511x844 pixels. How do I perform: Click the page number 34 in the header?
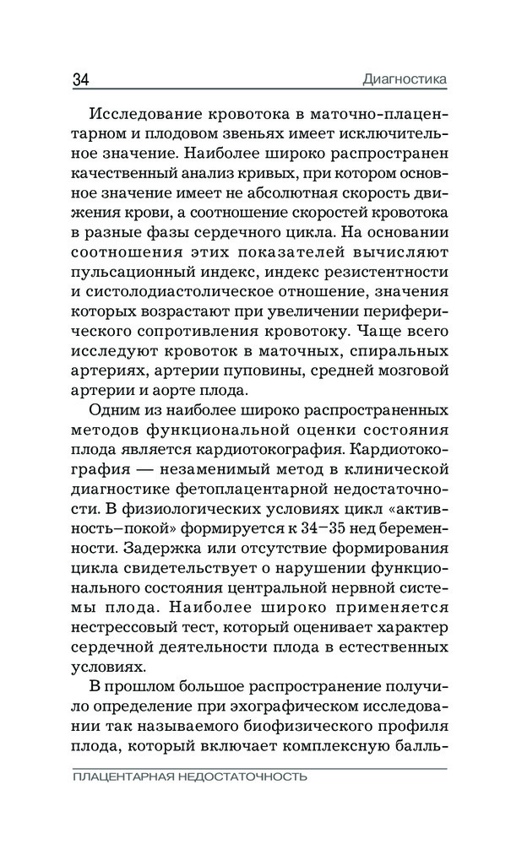(81, 81)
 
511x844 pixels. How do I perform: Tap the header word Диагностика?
(403, 81)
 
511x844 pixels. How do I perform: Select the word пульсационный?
(122, 270)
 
